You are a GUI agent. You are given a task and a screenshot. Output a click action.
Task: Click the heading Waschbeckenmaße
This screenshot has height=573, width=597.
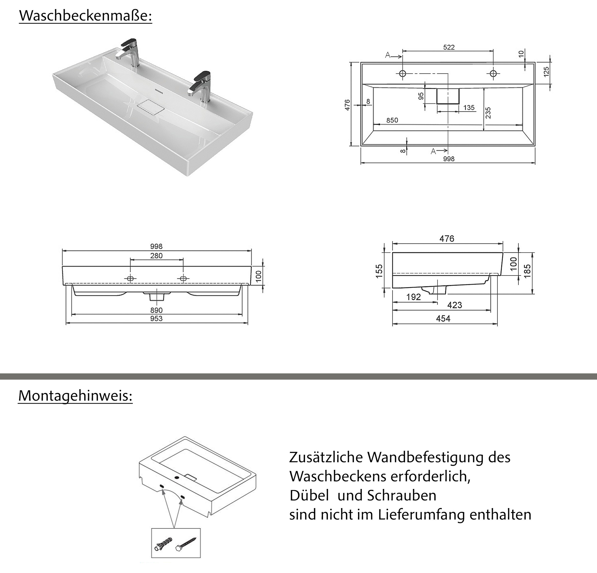pos(85,16)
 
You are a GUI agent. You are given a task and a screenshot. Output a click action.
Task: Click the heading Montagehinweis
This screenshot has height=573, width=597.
pos(75,395)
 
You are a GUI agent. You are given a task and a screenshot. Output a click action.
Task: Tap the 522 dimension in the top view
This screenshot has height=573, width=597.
pos(449,47)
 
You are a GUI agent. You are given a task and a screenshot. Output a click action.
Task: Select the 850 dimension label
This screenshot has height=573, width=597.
pos(392,120)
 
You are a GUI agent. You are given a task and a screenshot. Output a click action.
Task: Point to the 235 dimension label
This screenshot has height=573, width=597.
pos(488,113)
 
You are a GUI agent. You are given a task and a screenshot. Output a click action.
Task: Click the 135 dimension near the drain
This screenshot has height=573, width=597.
pos(469,107)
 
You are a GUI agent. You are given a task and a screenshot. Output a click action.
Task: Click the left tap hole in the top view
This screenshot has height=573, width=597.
pos(402,73)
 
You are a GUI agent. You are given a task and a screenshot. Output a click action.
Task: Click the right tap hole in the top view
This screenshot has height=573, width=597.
pos(493,73)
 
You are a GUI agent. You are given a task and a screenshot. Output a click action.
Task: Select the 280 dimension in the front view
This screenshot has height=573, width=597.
pos(156,256)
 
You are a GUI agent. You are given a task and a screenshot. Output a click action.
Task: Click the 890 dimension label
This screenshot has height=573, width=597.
pos(156,310)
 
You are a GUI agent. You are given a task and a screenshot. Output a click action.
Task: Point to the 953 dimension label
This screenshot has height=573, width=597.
pos(156,319)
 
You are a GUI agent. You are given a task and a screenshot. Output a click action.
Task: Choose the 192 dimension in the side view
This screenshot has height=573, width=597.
pos(413,297)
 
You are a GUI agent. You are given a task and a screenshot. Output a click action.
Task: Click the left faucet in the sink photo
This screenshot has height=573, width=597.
pos(129,52)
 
